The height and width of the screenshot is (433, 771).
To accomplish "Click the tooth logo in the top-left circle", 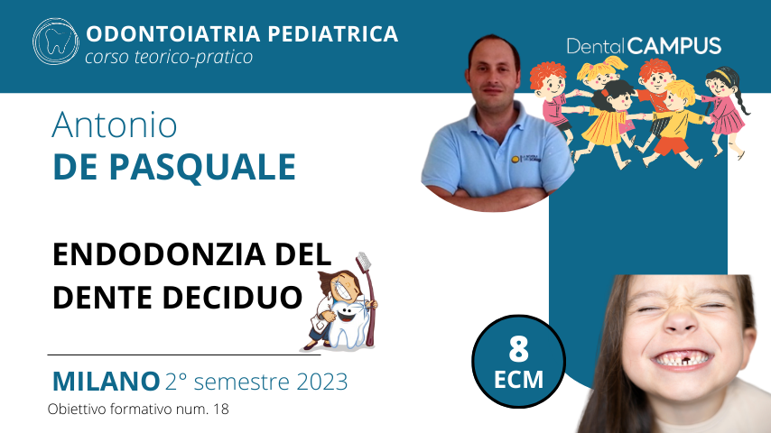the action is (56, 41).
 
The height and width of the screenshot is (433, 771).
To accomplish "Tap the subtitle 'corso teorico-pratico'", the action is (169, 57).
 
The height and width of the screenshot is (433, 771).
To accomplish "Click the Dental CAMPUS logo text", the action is (644, 46).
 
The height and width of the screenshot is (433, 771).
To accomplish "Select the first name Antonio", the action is (114, 124).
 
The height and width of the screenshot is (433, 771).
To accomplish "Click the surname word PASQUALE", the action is (202, 167).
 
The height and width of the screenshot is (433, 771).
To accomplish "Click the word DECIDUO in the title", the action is (232, 298).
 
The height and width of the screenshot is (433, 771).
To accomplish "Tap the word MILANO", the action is (107, 382).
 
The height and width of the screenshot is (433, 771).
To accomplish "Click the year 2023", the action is (322, 382).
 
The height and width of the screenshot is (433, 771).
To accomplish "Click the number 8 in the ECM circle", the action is (519, 348).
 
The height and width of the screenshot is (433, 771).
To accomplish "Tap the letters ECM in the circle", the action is (519, 380).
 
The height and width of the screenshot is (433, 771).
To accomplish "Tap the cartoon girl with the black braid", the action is (725, 111).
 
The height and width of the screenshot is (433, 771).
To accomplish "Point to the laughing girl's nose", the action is (680, 322).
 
